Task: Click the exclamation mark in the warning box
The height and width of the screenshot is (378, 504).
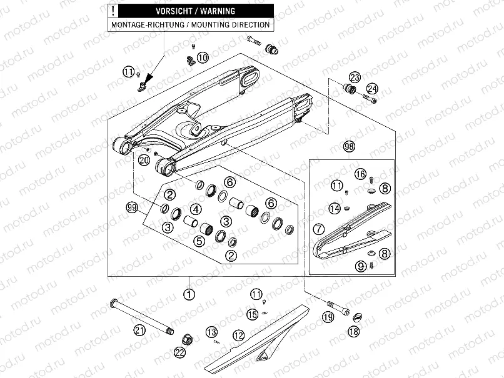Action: (x=112, y=11)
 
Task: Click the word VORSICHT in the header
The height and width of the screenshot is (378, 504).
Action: (x=158, y=11)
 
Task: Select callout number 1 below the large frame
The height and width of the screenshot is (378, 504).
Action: (x=188, y=292)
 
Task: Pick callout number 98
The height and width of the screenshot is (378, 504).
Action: (x=349, y=146)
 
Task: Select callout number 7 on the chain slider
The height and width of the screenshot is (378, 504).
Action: (x=318, y=229)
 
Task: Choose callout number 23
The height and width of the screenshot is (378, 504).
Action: (x=355, y=77)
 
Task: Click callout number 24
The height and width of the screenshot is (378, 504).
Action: (x=373, y=88)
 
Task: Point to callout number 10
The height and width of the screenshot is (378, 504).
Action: (x=202, y=57)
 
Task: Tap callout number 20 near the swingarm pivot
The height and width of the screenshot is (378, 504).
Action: (x=144, y=160)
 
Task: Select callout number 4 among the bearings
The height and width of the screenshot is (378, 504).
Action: (x=195, y=209)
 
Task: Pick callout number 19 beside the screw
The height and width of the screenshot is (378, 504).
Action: (x=328, y=317)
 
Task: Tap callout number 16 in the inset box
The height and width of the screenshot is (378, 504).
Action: (x=360, y=173)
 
